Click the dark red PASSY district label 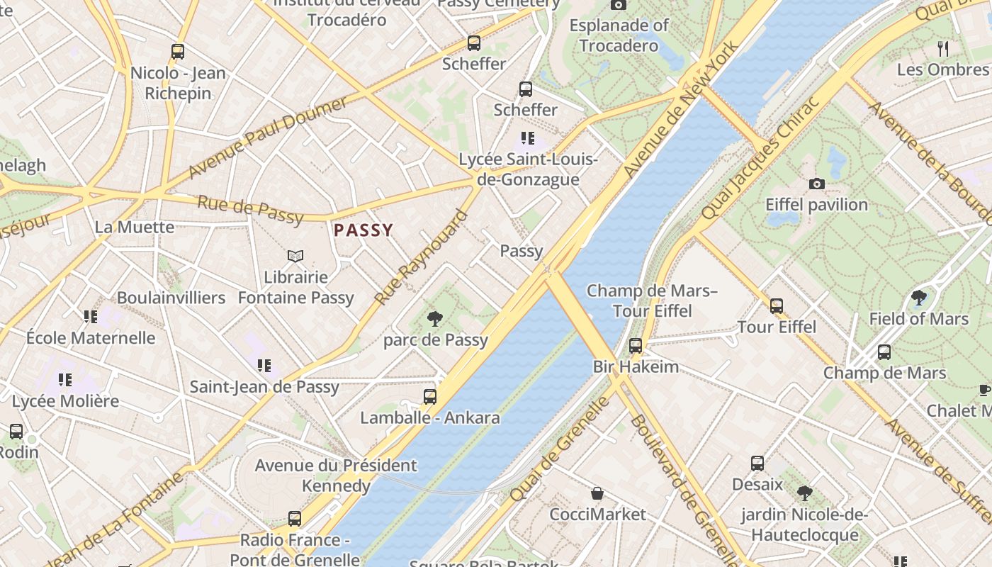pyautogui.click(x=363, y=230)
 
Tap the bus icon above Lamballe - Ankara pyautogui.click(x=430, y=397)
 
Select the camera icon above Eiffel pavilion pyautogui.click(x=816, y=184)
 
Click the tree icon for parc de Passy pyautogui.click(x=435, y=320)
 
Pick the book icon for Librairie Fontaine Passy pyautogui.click(x=295, y=256)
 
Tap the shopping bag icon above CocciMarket pyautogui.click(x=597, y=493)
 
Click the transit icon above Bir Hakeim pyautogui.click(x=636, y=346)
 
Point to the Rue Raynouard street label pyautogui.click(x=422, y=257)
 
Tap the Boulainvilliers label pyautogui.click(x=171, y=298)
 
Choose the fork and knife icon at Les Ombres pyautogui.click(x=942, y=49)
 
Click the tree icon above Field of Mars pyautogui.click(x=919, y=298)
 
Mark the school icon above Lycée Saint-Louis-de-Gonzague pyautogui.click(x=527, y=138)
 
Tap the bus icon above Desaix pyautogui.click(x=757, y=464)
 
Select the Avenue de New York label pyautogui.click(x=681, y=109)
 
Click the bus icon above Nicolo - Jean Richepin pyautogui.click(x=178, y=52)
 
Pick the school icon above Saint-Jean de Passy pyautogui.click(x=264, y=366)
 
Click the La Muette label pyautogui.click(x=135, y=227)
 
